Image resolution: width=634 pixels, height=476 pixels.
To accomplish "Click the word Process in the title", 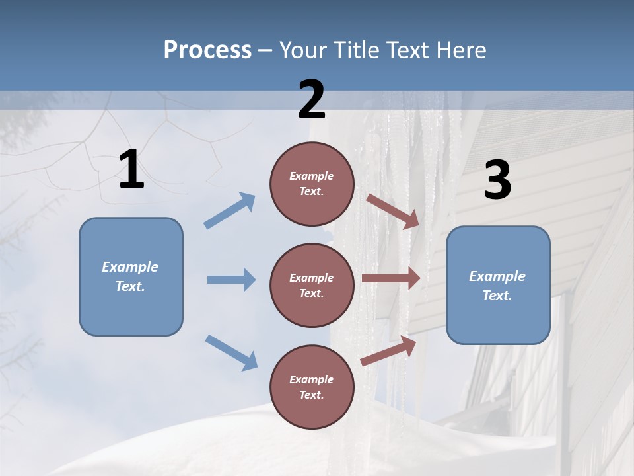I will pos(207,50).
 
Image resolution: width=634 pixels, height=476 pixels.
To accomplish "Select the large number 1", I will pos(131,170).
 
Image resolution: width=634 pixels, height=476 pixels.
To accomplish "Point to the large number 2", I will pos(312,100).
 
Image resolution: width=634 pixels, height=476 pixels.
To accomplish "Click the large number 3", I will pos(497,180).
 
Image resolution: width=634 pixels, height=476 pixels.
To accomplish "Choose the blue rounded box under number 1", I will pos(131,276).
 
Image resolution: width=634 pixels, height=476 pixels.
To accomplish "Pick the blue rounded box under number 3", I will pos(498,286).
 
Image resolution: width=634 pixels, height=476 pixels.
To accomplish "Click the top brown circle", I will pos(312,184).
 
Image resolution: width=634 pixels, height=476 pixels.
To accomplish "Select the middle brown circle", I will pos(312,286).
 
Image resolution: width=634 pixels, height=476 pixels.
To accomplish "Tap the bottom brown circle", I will pos(312,387).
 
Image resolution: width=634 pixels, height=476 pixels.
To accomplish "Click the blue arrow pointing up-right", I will pos(230,211).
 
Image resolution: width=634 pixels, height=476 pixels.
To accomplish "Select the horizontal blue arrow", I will pos(231,280).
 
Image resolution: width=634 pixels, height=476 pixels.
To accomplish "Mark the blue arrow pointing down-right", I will pos(231,352).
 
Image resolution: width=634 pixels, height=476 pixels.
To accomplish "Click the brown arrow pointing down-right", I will pos(393,211).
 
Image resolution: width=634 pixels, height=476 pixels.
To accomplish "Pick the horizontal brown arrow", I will pos(391,278).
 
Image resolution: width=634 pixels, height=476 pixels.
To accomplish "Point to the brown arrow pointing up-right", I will pos(389,351).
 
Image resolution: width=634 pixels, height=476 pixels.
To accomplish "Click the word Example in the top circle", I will pos(311,177).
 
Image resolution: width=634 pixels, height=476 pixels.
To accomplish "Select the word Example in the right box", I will pos(497,276).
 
